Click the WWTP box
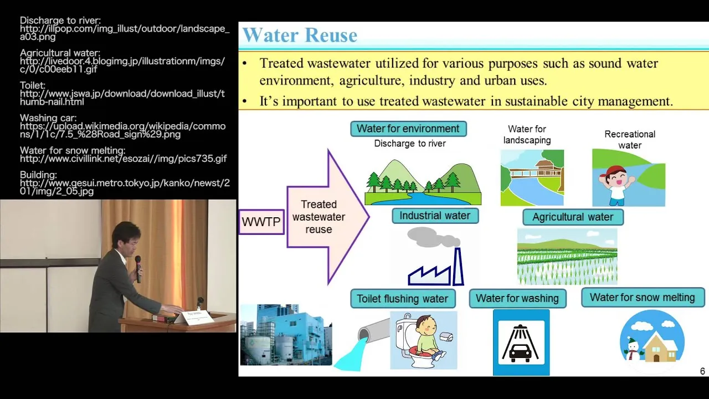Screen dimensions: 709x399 pyautogui.click(x=261, y=222)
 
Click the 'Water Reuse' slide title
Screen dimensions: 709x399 pyautogui.click(x=300, y=35)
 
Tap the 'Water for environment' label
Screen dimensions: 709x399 pyautogui.click(x=408, y=129)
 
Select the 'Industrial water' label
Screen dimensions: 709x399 pyautogui.click(x=435, y=216)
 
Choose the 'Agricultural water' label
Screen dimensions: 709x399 pyautogui.click(x=573, y=217)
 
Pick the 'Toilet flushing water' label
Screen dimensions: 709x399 pyautogui.click(x=403, y=299)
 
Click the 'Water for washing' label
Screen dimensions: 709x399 pyautogui.click(x=517, y=298)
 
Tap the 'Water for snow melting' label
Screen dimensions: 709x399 pyautogui.click(x=643, y=298)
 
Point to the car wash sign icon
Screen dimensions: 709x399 pyautogui.click(x=521, y=342)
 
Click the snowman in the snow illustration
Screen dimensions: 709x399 pyautogui.click(x=633, y=349)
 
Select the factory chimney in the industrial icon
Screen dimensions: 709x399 pyautogui.click(x=458, y=267)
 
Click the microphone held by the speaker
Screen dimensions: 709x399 pyautogui.click(x=138, y=269)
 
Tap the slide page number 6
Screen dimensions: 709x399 pyautogui.click(x=702, y=371)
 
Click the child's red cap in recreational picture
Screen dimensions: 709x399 pyautogui.click(x=613, y=172)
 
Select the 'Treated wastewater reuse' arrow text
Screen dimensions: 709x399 pyautogui.click(x=318, y=217)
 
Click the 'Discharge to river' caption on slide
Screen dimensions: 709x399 pyautogui.click(x=410, y=144)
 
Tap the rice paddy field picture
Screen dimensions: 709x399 pyautogui.click(x=567, y=257)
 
